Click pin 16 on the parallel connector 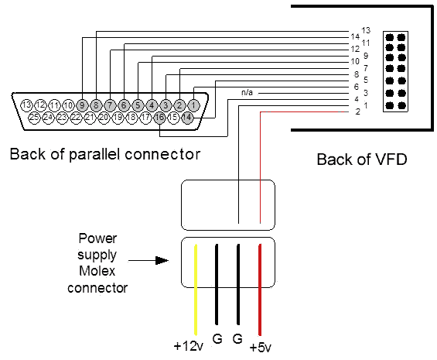pos(159,117)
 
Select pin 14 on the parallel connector pos(187,117)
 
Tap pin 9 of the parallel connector pos(82,105)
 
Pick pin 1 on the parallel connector pos(193,105)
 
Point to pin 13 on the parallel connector pos(27,105)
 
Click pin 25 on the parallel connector pos(34,117)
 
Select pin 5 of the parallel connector pos(138,105)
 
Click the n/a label pos(247,92)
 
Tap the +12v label pos(189,346)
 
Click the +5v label pos(261,348)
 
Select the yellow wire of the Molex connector pos(196,290)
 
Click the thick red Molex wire pos(260,290)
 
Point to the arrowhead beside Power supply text pos(162,260)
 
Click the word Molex pos(97,271)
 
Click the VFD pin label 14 pos(355,36)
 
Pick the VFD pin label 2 pos(358,111)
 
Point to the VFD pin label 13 pos(366,30)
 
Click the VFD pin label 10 pos(355,61)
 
